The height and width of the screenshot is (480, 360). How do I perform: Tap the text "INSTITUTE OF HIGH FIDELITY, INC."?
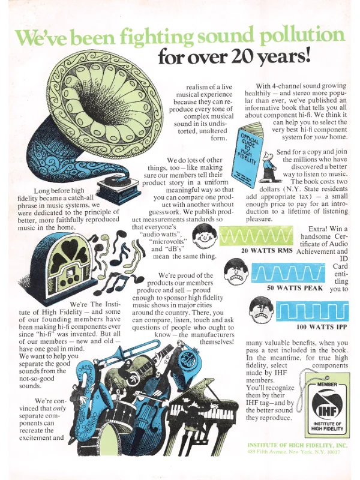tap(297, 445)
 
